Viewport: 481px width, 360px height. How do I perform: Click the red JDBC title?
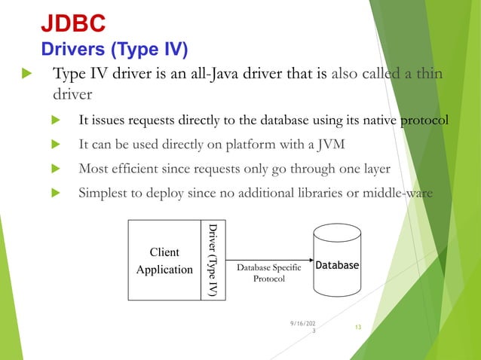point(72,24)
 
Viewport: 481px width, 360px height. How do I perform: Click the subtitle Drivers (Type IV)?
point(113,50)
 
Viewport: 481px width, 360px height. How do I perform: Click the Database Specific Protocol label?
point(269,273)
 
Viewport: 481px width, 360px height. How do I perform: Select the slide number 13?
point(357,327)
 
